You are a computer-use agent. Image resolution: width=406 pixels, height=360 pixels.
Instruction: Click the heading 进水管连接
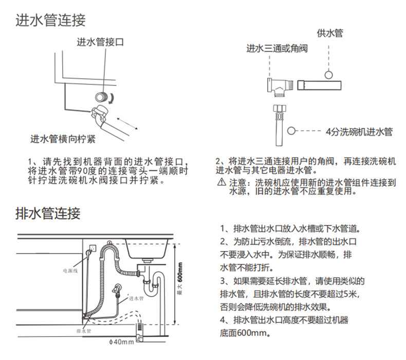click(x=50, y=21)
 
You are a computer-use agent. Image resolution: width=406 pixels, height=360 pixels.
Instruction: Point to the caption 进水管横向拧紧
click(x=63, y=139)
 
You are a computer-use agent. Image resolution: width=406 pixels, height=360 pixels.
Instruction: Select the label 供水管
click(x=329, y=34)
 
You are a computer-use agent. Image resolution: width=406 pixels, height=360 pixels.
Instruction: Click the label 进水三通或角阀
click(x=277, y=49)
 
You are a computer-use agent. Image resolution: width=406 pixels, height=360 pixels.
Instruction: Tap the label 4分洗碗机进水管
click(x=359, y=132)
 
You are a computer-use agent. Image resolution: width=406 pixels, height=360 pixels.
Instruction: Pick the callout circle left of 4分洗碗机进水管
click(x=292, y=132)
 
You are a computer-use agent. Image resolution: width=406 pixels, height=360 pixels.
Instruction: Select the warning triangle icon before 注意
click(x=221, y=183)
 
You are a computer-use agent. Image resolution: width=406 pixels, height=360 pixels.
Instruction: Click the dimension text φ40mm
click(x=121, y=342)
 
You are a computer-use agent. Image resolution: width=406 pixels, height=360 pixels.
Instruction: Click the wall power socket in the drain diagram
click(x=91, y=249)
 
